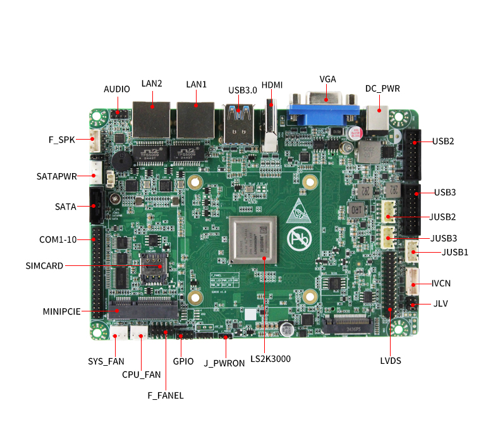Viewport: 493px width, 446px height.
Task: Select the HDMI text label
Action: coord(272,85)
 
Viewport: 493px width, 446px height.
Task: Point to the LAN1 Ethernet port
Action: coord(195,119)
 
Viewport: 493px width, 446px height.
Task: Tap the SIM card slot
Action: coord(153,267)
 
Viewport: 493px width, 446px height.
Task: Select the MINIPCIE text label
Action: coord(61,311)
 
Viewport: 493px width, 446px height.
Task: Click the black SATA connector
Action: coord(97,206)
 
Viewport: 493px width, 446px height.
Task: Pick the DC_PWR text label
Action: coord(382,89)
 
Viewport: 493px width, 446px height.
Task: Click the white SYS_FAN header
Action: coord(118,332)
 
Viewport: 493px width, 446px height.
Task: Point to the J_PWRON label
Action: coord(224,364)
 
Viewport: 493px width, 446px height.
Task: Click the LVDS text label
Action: coord(391,361)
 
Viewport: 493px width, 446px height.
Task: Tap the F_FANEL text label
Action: coord(165,395)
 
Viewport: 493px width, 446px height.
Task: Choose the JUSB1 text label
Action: coord(454,253)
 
